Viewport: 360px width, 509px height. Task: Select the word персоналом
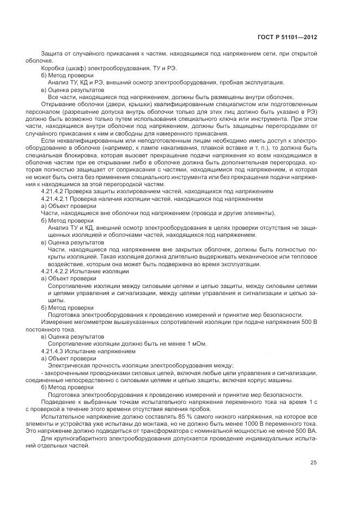42,111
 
